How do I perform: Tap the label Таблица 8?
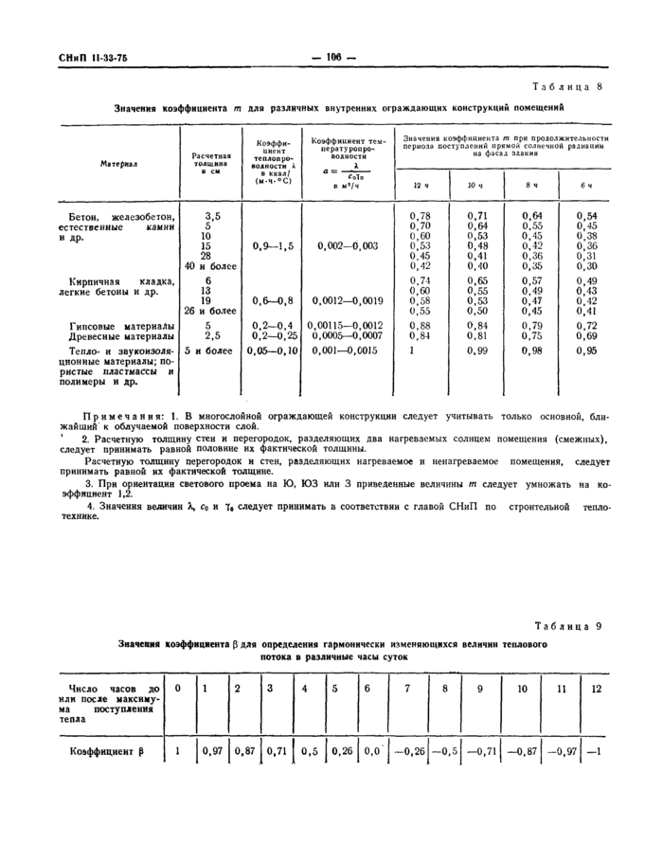pyautogui.click(x=567, y=86)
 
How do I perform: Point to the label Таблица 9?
pyautogui.click(x=567, y=626)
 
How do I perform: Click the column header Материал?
pyautogui.click(x=118, y=163)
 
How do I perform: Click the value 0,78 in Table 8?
pyautogui.click(x=420, y=217)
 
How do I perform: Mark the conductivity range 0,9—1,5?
pyautogui.click(x=274, y=245)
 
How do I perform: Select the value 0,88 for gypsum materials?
pyautogui.click(x=420, y=325)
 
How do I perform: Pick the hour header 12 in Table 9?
pyautogui.click(x=596, y=689)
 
